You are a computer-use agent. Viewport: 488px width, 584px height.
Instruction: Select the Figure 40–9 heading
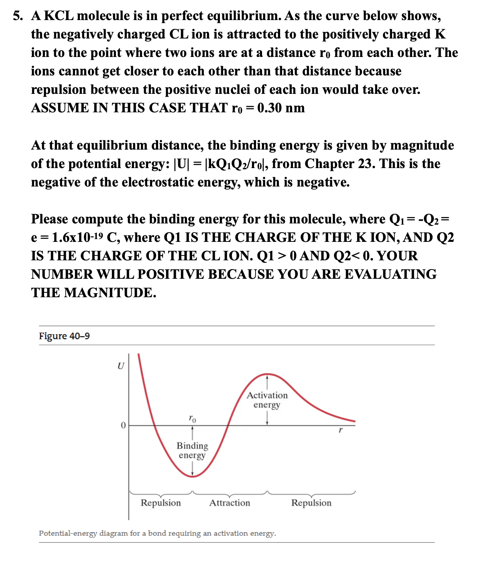64,336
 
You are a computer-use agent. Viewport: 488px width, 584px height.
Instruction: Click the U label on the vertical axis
120,366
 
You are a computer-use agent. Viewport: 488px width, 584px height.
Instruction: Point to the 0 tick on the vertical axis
123,425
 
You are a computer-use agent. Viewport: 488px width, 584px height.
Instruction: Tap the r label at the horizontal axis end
340,430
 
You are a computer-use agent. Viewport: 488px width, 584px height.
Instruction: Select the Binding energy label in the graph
192,450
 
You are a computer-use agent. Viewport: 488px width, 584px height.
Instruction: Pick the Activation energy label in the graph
267,400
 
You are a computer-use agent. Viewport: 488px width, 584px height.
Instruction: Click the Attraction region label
230,503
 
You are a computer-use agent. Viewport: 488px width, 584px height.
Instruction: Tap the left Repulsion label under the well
161,503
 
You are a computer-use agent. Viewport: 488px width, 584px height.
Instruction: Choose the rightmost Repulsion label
311,503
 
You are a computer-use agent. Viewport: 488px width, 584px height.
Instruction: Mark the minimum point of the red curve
193,477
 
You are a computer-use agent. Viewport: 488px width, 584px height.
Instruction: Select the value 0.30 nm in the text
281,108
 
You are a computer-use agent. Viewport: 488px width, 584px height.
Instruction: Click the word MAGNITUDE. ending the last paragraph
110,293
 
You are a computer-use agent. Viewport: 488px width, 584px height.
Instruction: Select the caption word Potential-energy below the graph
68,533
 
